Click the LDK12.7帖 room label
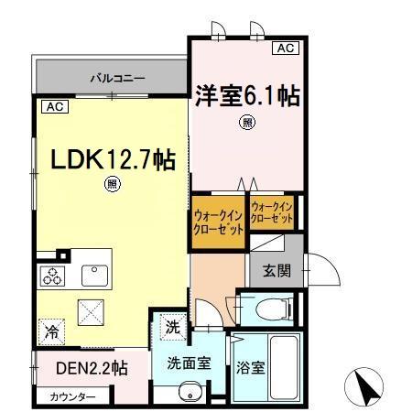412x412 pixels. coord(113,159)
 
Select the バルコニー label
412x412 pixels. coord(117,79)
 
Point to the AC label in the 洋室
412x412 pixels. coord(286,48)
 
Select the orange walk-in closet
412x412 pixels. coord(218,222)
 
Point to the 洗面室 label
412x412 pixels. coord(189,362)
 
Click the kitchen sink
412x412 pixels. coord(94,275)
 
